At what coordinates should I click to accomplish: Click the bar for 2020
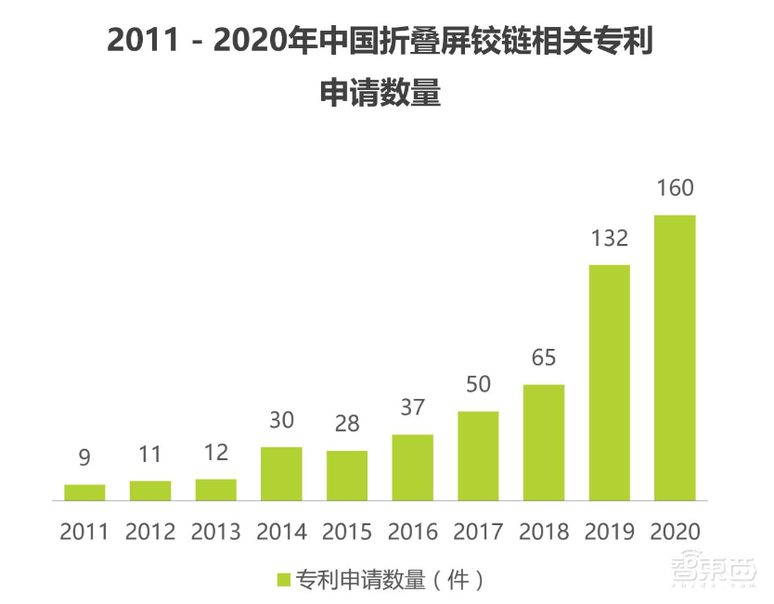(x=675, y=358)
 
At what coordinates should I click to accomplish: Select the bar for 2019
(x=609, y=383)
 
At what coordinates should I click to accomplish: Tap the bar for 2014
(x=281, y=474)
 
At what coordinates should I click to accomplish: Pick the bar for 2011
(x=84, y=493)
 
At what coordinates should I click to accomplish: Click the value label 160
(x=675, y=188)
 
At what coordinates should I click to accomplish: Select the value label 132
(x=609, y=238)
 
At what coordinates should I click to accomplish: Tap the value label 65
(x=543, y=358)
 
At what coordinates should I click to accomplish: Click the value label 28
(x=347, y=424)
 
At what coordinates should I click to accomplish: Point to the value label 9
(x=84, y=457)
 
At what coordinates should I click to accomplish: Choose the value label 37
(x=412, y=407)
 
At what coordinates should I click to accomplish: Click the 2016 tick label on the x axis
(x=412, y=533)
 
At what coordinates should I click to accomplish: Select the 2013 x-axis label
(x=215, y=533)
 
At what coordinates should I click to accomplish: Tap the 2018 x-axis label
(x=543, y=533)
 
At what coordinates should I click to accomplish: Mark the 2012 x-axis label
(x=150, y=533)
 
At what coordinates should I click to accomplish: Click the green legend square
(x=284, y=581)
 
